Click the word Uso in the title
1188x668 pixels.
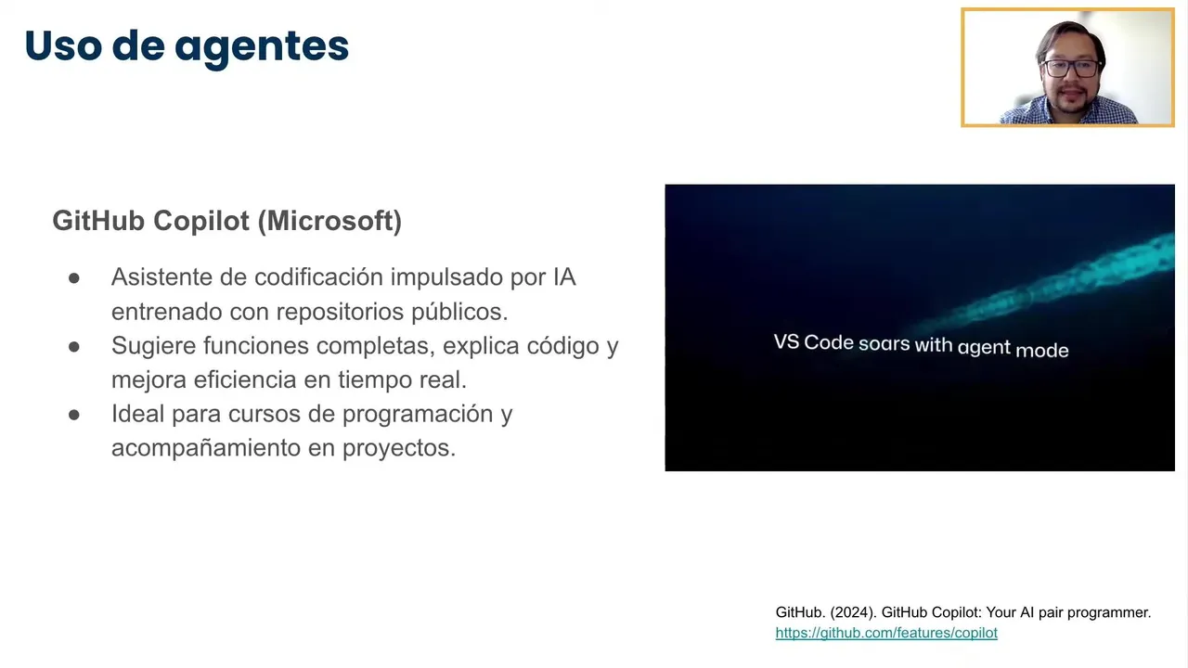(63, 45)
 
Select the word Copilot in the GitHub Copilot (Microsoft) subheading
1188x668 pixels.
(201, 221)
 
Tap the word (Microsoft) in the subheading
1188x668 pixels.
(329, 221)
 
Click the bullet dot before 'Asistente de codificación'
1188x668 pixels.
(74, 278)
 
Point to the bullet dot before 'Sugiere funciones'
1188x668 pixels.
(74, 347)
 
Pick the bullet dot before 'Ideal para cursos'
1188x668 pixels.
(74, 415)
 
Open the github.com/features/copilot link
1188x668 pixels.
(886, 633)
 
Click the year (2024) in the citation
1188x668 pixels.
(852, 613)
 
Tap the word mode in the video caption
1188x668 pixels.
(1041, 350)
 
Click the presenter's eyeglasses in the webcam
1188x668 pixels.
(1071, 69)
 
